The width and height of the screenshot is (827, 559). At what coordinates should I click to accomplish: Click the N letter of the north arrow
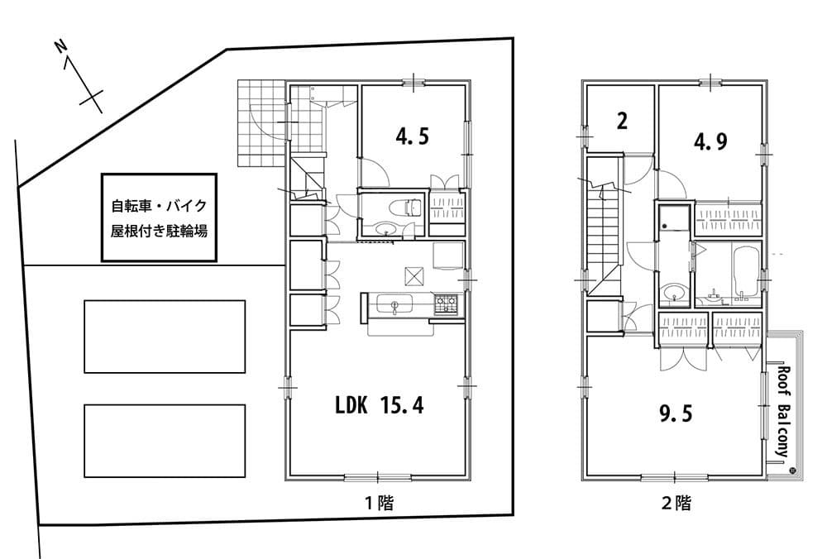(x=62, y=46)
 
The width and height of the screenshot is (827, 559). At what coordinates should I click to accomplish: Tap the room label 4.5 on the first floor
(x=413, y=137)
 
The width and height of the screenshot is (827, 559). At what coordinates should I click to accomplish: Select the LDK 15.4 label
(x=380, y=405)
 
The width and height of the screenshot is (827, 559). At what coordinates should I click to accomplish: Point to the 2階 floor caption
(x=676, y=503)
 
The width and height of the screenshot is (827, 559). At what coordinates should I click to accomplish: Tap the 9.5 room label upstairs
(x=676, y=413)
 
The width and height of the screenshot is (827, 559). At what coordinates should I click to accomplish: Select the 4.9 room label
(x=710, y=141)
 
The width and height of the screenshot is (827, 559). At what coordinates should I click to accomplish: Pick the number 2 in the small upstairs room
(x=623, y=122)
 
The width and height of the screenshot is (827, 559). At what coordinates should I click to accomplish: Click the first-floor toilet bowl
(x=406, y=208)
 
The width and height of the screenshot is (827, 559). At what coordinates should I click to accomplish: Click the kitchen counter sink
(x=394, y=304)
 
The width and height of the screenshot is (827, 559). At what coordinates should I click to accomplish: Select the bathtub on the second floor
(x=746, y=272)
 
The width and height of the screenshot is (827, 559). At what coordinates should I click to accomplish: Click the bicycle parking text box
(x=160, y=217)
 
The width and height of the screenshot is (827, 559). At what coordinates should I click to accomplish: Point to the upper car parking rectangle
(x=165, y=337)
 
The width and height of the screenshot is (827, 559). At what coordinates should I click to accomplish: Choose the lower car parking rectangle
(x=165, y=441)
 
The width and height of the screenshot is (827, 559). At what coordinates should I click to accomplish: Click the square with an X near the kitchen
(x=414, y=275)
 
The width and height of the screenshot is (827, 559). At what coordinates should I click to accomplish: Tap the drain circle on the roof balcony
(x=791, y=471)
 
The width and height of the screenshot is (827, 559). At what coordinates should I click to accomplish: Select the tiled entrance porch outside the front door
(x=261, y=123)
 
